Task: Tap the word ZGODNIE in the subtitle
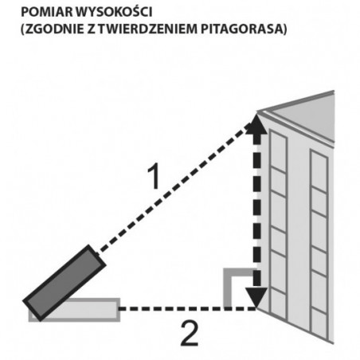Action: [x=55, y=29]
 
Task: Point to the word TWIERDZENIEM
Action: [x=148, y=29]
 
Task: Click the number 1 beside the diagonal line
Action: [x=155, y=177]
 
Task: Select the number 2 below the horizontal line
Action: [x=190, y=334]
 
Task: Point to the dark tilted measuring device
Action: [x=65, y=284]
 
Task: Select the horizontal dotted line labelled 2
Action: [x=187, y=308]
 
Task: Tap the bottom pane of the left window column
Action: [x=278, y=304]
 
